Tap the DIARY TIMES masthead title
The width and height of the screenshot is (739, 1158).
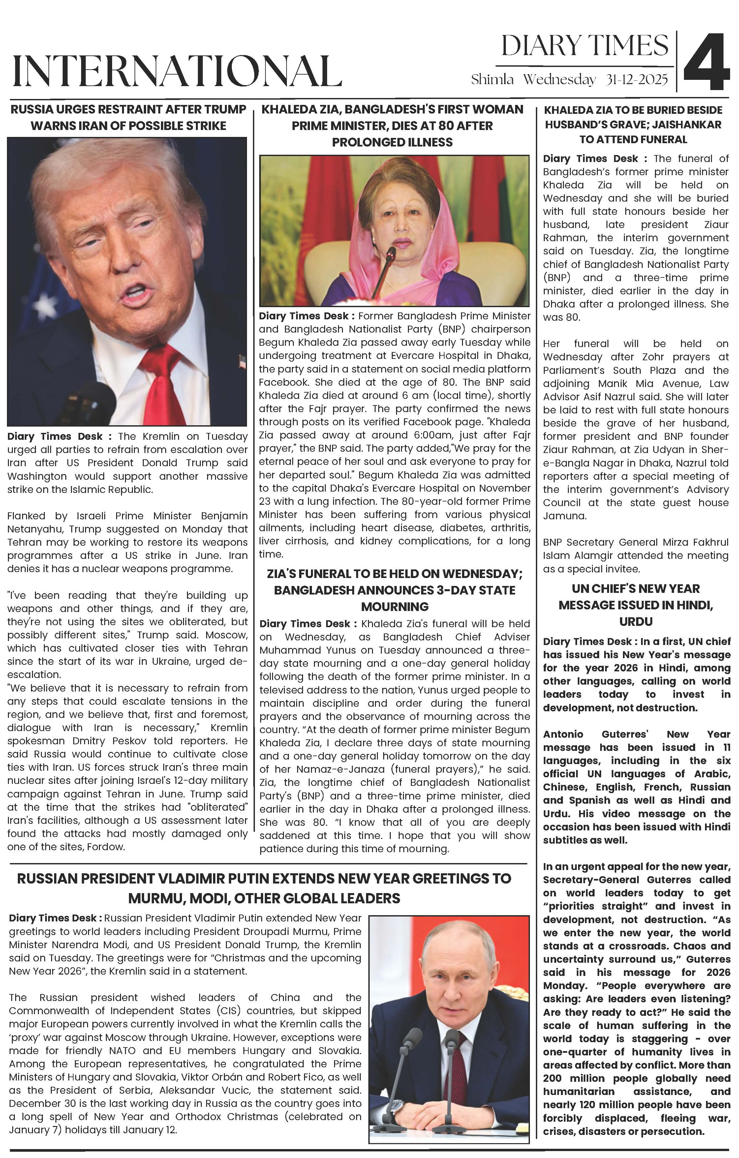[585, 46]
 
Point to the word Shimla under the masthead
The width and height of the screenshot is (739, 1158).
[492, 80]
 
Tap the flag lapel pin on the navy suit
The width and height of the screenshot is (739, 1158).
[242, 360]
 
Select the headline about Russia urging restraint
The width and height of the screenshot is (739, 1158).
[128, 117]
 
